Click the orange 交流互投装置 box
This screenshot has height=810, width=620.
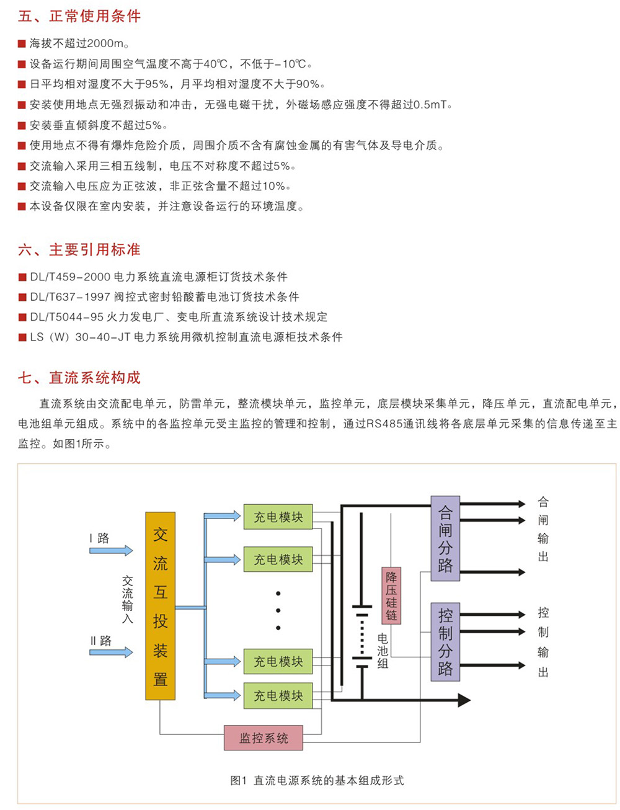(x=160, y=606)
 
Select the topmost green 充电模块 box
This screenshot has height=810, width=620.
(x=278, y=517)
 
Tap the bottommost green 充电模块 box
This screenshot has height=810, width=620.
(x=278, y=696)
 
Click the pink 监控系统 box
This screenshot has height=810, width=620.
(x=263, y=738)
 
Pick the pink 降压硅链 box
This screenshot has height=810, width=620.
(x=391, y=595)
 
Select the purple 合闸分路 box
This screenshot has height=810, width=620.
(x=445, y=538)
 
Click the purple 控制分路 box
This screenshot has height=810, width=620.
(x=445, y=642)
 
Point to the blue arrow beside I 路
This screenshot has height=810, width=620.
(x=112, y=550)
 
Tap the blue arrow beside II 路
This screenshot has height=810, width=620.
(x=112, y=652)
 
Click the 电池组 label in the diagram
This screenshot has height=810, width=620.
(x=383, y=651)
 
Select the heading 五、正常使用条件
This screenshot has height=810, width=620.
(x=79, y=16)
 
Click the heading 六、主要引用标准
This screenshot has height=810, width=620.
(x=79, y=249)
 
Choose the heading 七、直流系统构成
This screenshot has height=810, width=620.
(x=79, y=377)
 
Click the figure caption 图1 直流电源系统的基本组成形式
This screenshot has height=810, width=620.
(x=317, y=780)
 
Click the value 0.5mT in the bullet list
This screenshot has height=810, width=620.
(x=430, y=105)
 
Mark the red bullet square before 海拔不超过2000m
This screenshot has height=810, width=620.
(x=22, y=44)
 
